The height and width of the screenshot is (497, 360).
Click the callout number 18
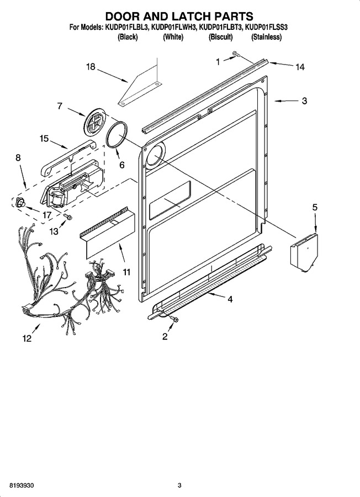coord(91,67)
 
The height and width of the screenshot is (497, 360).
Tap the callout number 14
coord(300,67)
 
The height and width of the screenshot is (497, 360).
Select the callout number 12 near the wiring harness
coord(27,339)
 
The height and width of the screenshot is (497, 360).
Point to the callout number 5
coord(315,207)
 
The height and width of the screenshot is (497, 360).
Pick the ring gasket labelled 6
coord(117,134)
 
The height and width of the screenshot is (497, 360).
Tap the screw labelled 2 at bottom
coord(173,319)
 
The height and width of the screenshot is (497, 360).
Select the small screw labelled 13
coord(67,216)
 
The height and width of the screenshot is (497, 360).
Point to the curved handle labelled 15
coord(67,157)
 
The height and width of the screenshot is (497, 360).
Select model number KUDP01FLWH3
coord(174,28)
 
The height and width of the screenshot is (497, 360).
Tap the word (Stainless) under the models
coord(266,37)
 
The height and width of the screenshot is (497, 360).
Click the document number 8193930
coord(22,485)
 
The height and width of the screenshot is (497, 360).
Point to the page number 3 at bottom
coord(179,485)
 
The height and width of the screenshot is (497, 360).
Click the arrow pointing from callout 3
coord(286,101)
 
